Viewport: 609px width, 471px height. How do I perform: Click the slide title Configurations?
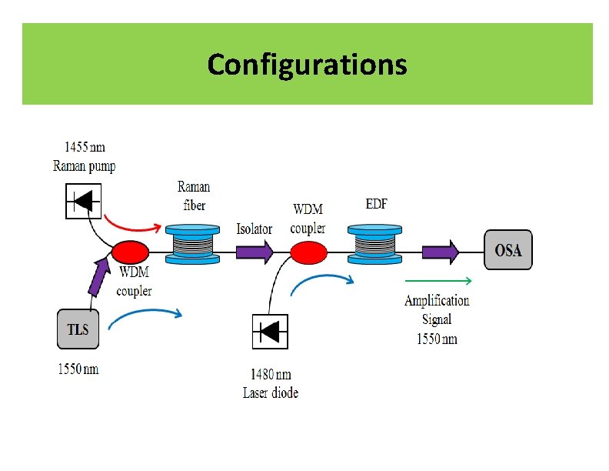pos(307,64)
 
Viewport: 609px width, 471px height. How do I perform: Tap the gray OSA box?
pos(507,250)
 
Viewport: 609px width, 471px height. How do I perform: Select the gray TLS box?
pos(78,329)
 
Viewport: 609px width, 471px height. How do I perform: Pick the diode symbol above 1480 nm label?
pos(270,332)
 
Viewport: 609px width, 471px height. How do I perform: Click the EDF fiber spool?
pos(374,244)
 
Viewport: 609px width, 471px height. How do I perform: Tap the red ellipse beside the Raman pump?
pos(129,252)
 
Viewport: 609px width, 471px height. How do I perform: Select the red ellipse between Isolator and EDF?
pos(307,252)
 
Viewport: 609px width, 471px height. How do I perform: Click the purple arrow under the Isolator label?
pos(254,251)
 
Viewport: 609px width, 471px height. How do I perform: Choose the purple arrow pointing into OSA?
pos(441,251)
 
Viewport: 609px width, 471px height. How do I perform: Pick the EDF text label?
pos(376,204)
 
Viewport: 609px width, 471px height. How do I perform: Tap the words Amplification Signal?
pos(437,309)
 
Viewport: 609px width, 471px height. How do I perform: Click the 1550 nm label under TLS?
pos(78,369)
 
